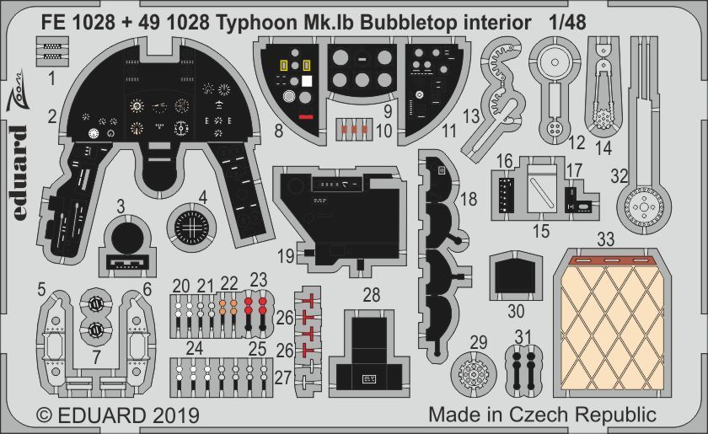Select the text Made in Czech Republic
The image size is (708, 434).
tap(542, 415)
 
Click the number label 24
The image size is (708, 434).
tap(195, 347)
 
